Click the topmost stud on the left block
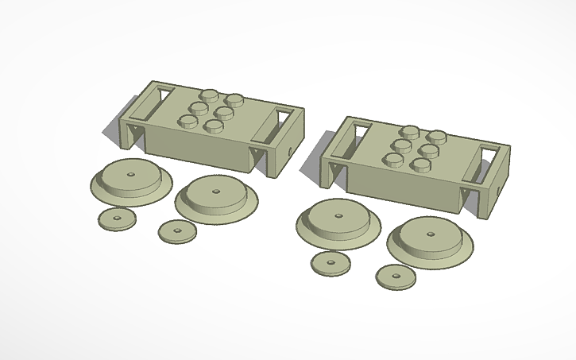(211, 94)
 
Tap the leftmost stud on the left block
(188, 122)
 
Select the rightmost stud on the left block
(234, 100)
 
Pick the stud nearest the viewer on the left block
(212, 126)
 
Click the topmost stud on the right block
(411, 131)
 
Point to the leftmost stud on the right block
(393, 161)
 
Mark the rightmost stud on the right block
(435, 136)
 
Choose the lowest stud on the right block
(418, 165)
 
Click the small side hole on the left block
(291, 148)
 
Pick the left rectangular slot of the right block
(350, 137)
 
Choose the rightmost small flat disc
(396, 277)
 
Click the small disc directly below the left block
(177, 231)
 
